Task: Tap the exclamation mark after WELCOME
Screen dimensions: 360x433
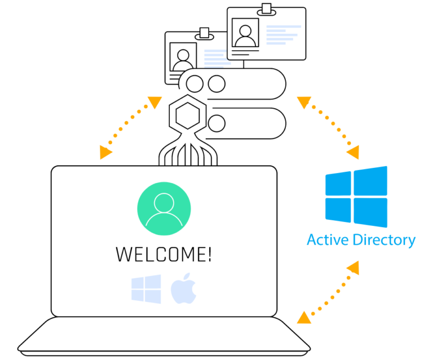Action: [x=209, y=254]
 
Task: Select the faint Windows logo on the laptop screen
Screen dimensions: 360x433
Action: [x=146, y=289]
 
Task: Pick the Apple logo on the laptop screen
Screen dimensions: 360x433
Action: [x=183, y=290]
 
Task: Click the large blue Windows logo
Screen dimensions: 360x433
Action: [x=356, y=196]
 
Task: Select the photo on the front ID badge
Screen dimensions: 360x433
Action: [x=245, y=33]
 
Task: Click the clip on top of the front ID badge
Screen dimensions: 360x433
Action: [x=266, y=10]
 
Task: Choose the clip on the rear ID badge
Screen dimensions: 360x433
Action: [x=204, y=34]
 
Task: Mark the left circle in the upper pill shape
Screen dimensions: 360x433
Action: [x=195, y=84]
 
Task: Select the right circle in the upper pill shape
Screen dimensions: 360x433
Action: [x=216, y=84]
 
